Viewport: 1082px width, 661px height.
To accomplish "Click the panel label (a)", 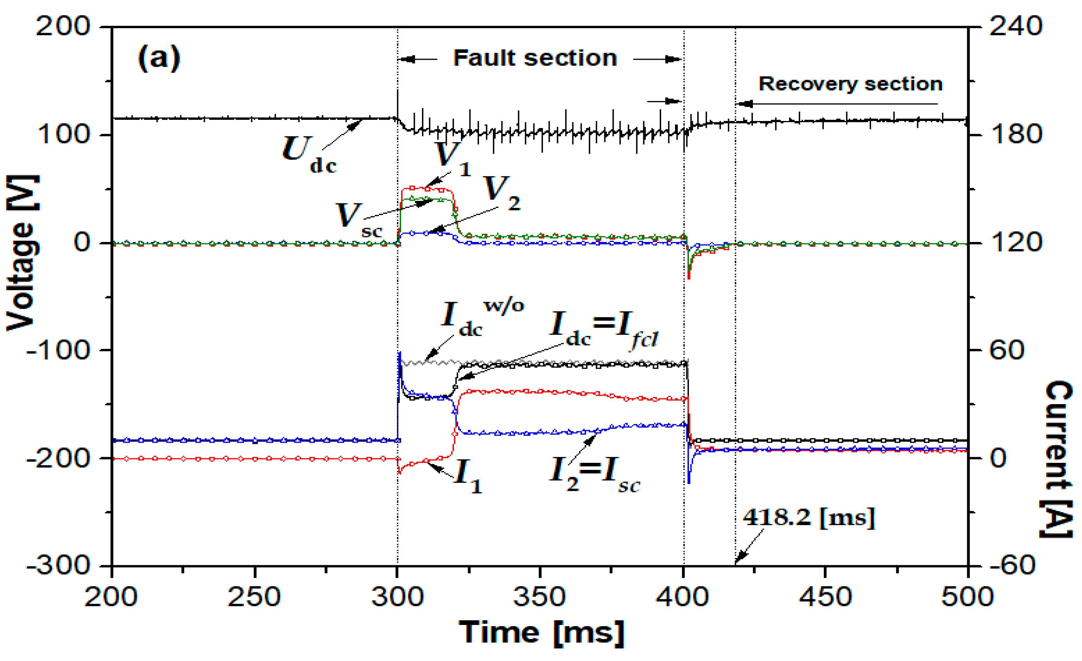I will tap(159, 58).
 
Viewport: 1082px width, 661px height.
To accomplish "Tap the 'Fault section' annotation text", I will tap(535, 58).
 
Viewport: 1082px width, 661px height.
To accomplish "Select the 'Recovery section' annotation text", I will tap(851, 84).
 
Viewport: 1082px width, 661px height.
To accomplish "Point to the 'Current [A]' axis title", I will tap(1057, 459).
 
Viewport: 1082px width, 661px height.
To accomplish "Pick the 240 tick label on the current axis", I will tap(1015, 26).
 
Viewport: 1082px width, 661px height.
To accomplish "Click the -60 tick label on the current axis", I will tap(1013, 565).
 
